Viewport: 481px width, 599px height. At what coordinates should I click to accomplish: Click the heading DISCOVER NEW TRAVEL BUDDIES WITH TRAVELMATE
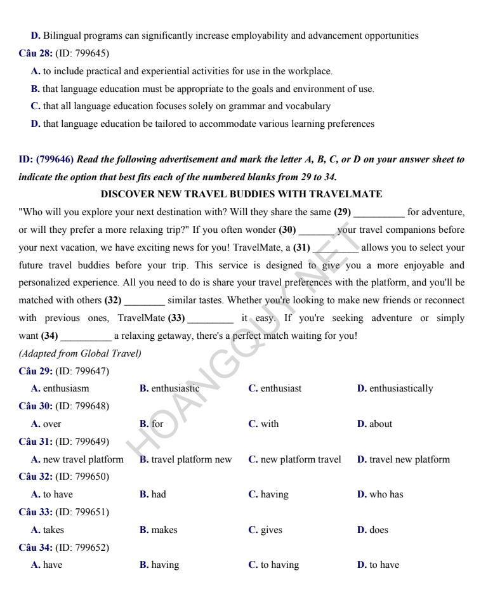[x=241, y=194]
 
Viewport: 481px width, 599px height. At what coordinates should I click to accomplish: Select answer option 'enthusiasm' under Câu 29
[x=66, y=388]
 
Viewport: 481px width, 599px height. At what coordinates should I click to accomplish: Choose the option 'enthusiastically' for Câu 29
[x=400, y=388]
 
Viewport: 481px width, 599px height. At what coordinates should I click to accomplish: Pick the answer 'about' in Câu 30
[x=380, y=424]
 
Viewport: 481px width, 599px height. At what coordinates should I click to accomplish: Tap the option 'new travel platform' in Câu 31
[x=83, y=459]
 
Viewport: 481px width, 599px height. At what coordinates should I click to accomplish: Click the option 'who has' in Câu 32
[x=386, y=494]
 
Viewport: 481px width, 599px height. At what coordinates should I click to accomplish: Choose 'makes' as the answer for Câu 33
[x=164, y=530]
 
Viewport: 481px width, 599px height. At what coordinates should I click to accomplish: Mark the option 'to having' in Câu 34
[x=279, y=565]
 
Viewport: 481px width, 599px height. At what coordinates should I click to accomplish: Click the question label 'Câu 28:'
[x=36, y=54]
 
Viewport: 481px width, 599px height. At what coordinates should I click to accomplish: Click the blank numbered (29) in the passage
[x=378, y=212]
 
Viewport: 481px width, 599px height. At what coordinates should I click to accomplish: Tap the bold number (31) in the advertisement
[x=301, y=247]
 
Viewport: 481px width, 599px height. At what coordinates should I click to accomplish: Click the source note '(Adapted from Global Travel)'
[x=80, y=353]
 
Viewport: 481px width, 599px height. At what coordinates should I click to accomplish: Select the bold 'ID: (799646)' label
[x=46, y=159]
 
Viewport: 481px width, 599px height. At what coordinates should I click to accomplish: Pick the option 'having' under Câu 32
[x=274, y=494]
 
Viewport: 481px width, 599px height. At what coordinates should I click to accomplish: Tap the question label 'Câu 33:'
[x=36, y=512]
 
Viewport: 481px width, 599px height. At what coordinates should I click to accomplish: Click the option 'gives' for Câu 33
[x=271, y=530]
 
